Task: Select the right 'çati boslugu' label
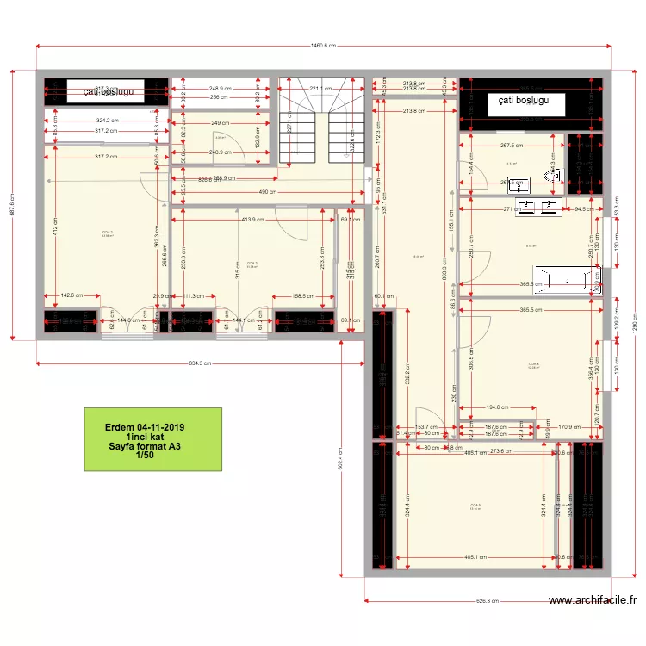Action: [526, 102]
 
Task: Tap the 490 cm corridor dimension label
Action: [267, 192]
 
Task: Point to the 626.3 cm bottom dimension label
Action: [488, 601]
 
